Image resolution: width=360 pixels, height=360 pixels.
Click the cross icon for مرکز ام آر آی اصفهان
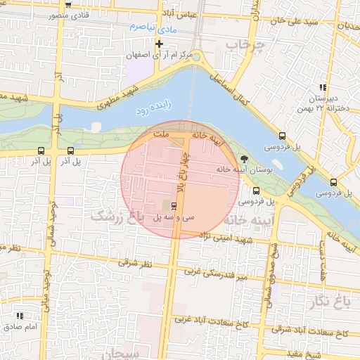(x=160, y=44)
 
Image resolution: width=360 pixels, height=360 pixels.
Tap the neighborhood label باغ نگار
(x=328, y=302)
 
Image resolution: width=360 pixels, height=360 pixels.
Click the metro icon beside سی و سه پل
(x=174, y=205)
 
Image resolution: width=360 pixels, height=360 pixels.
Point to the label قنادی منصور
(x=72, y=15)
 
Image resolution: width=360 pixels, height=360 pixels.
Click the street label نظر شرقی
(x=138, y=263)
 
